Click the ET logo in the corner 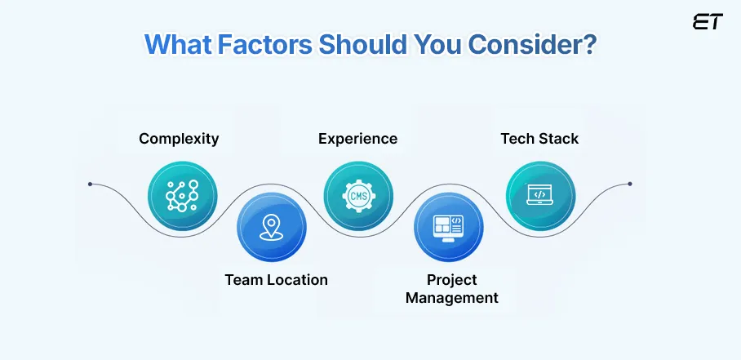707,22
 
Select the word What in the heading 178,44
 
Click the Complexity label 179,138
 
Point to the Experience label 357,138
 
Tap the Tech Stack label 539,138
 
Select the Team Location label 276,280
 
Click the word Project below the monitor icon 451,280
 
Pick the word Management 451,298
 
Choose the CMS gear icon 358,195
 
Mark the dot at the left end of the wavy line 90,184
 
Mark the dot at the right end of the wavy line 629,184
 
